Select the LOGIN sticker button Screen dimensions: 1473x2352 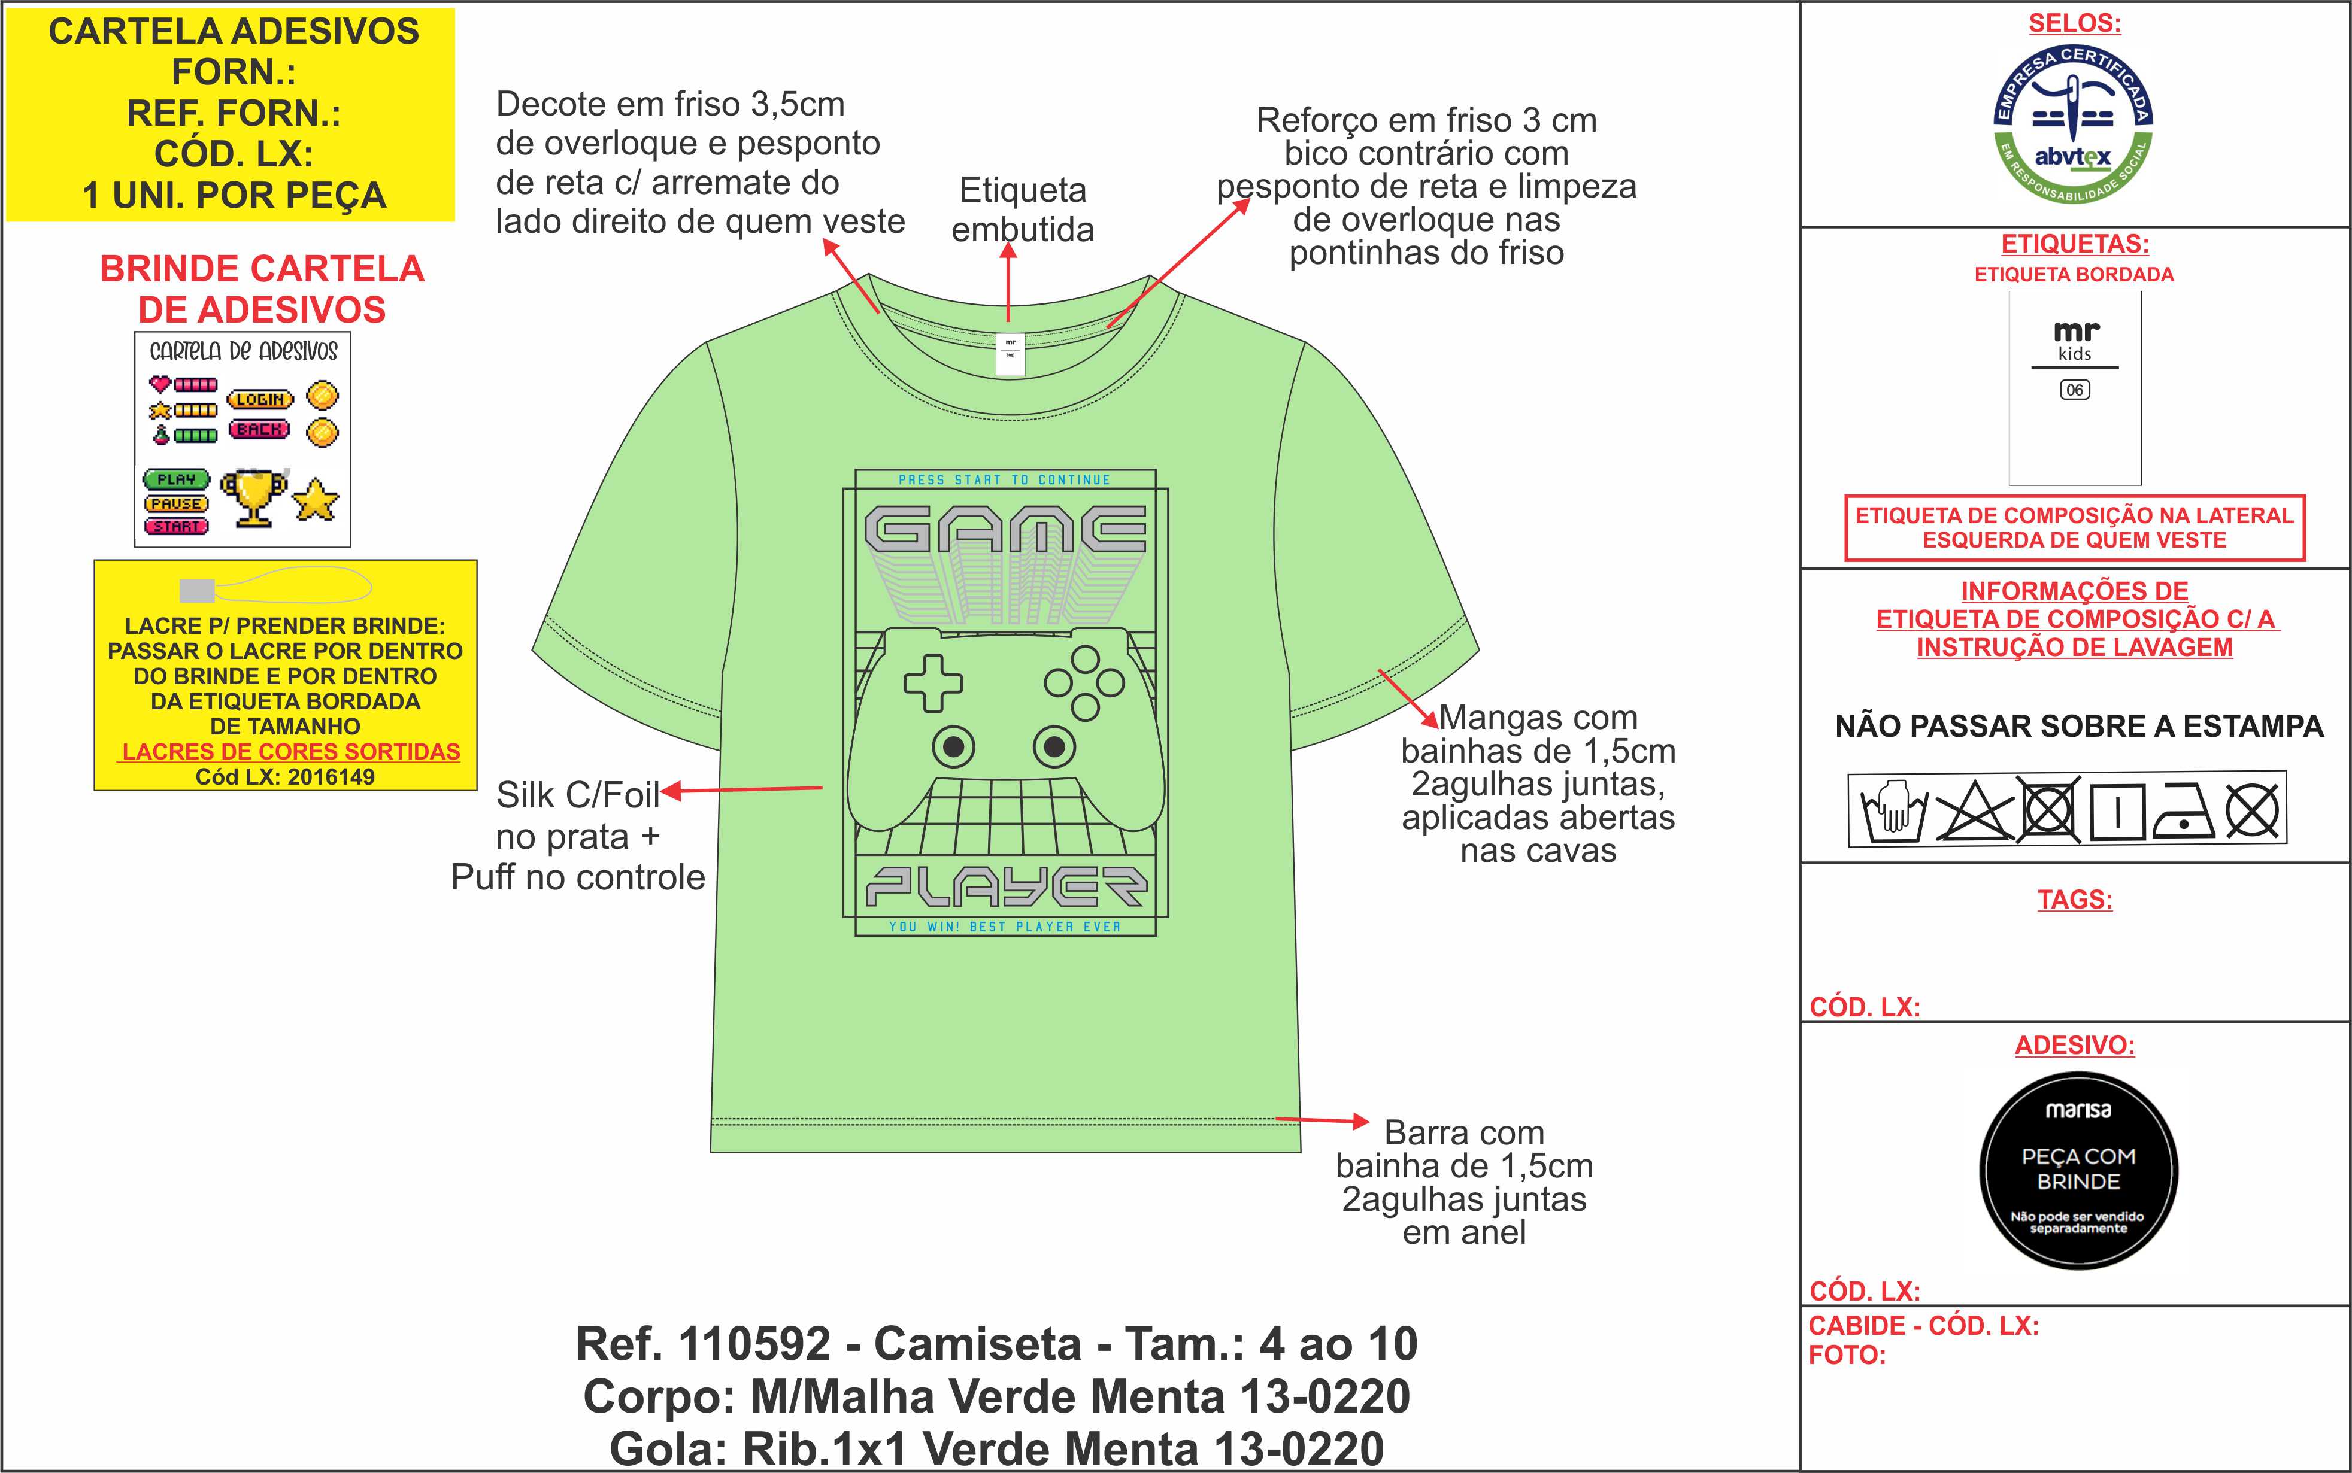[x=260, y=399]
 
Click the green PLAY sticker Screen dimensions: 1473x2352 [x=177, y=479]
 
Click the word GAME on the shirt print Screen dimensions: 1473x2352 [x=1005, y=531]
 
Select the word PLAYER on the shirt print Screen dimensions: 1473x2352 [x=1005, y=885]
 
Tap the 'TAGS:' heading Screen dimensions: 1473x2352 [x=2074, y=899]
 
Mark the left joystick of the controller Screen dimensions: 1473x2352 [x=954, y=747]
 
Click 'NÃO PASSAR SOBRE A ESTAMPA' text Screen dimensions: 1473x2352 [x=2078, y=727]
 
